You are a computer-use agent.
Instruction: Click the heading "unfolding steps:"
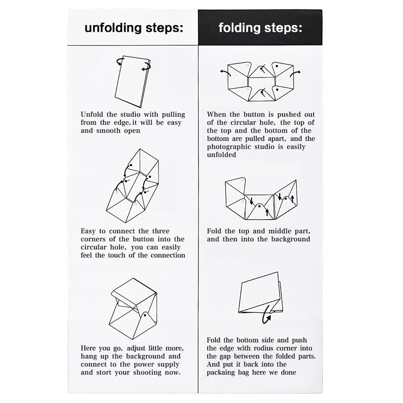[134, 28]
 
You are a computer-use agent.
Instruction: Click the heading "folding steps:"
[260, 28]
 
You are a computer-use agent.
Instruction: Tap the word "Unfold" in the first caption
[92, 114]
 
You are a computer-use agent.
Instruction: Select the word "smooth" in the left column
[108, 130]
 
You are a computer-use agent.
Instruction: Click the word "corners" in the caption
[93, 239]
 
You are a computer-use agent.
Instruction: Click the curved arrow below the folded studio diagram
[266, 314]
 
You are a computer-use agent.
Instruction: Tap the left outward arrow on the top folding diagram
[226, 72]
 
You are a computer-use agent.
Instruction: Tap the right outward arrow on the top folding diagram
[295, 74]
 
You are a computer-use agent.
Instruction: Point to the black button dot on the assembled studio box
[145, 315]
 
